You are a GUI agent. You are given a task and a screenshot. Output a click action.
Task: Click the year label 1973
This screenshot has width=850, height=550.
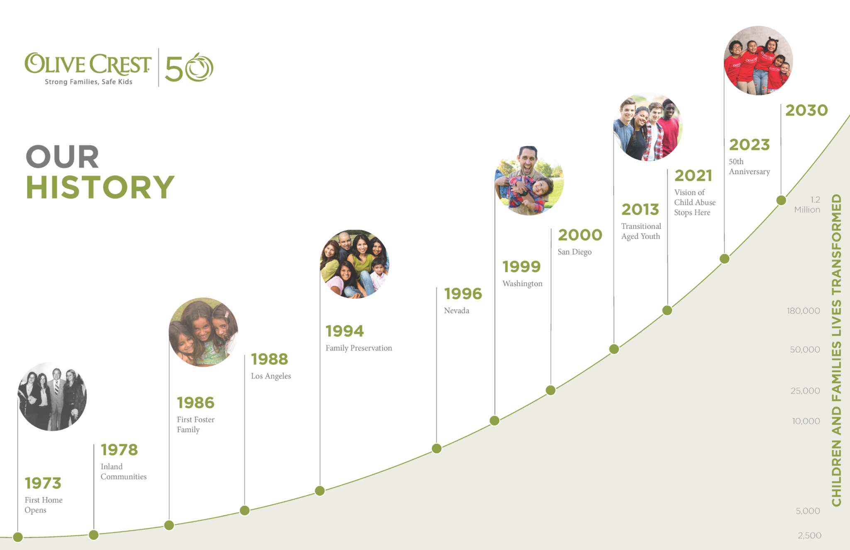tap(43, 483)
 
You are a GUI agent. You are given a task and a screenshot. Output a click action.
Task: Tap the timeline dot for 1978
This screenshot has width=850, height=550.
tap(94, 535)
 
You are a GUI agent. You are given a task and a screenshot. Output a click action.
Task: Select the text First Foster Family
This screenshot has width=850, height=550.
tap(195, 424)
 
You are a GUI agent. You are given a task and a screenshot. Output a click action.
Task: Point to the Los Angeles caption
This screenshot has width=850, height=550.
tap(271, 376)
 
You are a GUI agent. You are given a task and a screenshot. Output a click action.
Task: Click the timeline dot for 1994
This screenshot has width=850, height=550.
tap(320, 491)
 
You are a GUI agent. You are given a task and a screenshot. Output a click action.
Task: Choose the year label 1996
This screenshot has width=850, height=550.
tap(463, 294)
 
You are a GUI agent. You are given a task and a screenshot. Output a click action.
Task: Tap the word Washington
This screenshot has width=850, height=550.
tap(522, 284)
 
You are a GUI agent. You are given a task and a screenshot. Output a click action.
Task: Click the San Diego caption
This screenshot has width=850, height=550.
tap(574, 252)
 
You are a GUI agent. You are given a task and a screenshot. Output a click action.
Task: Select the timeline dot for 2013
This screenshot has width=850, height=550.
tap(614, 349)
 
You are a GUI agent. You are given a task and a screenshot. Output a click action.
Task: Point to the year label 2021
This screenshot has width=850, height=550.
tap(693, 176)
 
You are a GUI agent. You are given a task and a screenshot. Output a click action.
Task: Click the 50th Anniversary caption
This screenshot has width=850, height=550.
tap(749, 166)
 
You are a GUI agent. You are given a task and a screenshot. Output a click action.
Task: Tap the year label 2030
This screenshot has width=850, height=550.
tap(806, 110)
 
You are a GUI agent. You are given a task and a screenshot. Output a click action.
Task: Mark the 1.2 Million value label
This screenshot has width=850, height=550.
tap(807, 205)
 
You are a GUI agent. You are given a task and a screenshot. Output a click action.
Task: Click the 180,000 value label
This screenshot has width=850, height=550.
tap(803, 311)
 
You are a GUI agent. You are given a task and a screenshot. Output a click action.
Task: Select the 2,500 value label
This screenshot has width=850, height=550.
tap(809, 535)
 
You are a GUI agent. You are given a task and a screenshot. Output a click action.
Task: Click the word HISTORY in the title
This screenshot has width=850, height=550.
tap(100, 187)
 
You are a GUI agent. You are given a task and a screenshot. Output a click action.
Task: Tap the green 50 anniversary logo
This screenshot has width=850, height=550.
tap(189, 68)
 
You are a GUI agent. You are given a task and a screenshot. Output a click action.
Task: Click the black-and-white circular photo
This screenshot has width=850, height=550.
tap(52, 396)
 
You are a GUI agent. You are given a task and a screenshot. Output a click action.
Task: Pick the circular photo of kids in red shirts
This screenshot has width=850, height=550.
tap(758, 61)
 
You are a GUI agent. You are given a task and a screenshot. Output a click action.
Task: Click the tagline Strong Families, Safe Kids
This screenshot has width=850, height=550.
tap(88, 82)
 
